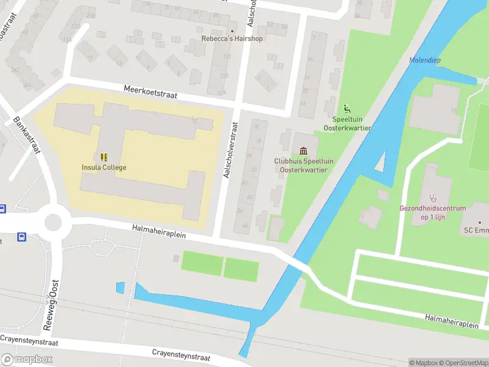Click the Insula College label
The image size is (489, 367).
pyautogui.click(x=104, y=168)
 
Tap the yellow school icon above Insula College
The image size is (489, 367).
pyautogui.click(x=104, y=157)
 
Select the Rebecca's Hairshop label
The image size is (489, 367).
pyautogui.click(x=232, y=39)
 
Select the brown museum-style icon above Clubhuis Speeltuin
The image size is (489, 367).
pyautogui.click(x=304, y=150)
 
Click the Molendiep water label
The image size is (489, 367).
pyautogui.click(x=425, y=60)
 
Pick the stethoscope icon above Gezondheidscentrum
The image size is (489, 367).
pyautogui.click(x=433, y=198)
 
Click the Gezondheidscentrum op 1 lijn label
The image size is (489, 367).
pyautogui.click(x=433, y=212)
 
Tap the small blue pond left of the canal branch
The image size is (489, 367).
pyautogui.click(x=120, y=287)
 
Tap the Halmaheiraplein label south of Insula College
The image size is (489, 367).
pyautogui.click(x=158, y=231)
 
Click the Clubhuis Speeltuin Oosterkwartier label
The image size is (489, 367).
pyautogui.click(x=304, y=165)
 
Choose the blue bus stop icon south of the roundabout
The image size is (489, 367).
pyautogui.click(x=22, y=237)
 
